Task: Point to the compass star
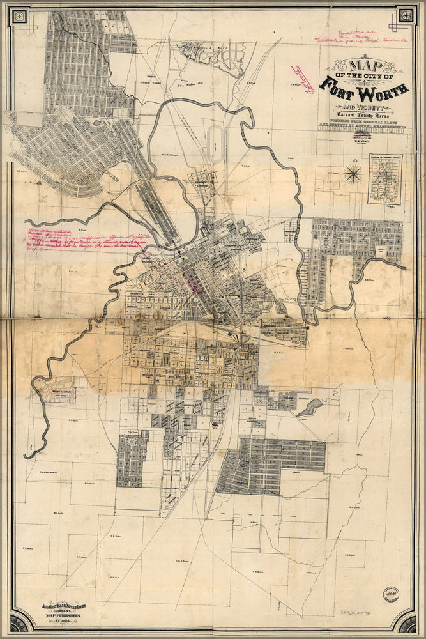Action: point(353,173)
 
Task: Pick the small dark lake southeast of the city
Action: point(309,407)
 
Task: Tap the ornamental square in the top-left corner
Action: point(19,15)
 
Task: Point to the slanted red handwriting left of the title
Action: point(307,85)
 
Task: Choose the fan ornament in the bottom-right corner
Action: point(406,621)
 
